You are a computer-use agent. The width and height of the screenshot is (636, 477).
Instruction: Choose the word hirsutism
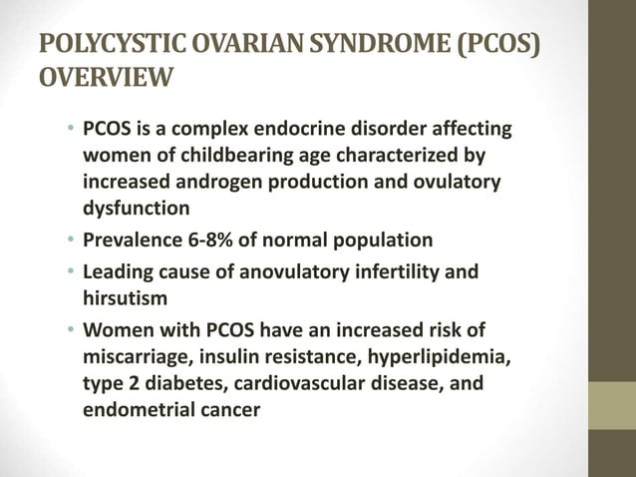click(x=123, y=298)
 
